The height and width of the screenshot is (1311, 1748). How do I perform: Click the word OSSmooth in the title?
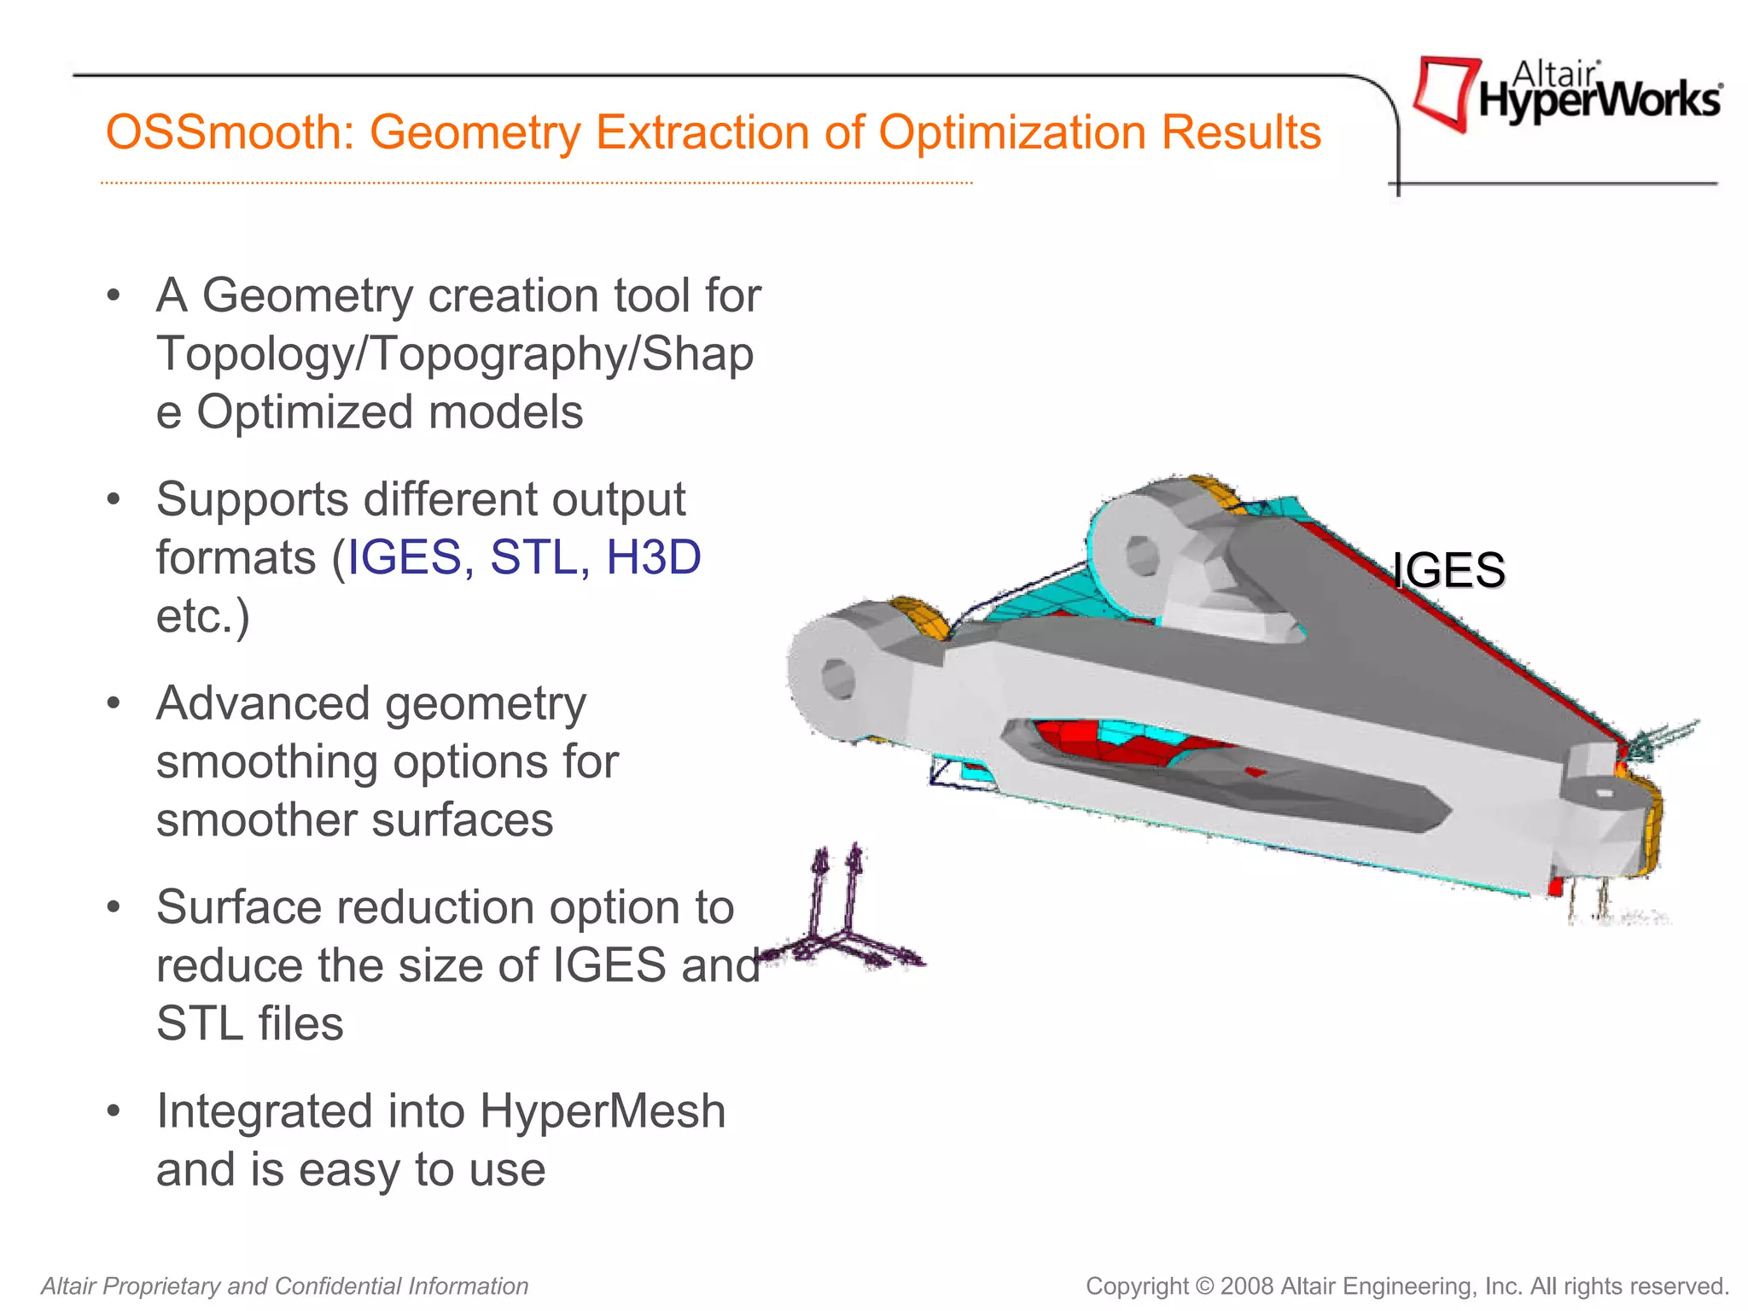(x=228, y=133)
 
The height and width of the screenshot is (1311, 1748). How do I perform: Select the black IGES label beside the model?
(x=1448, y=570)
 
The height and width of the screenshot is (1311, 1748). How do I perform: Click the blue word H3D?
(x=653, y=557)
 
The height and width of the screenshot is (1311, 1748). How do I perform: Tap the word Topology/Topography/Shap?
(x=455, y=353)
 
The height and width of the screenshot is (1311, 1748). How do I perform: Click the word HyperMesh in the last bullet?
(x=602, y=1111)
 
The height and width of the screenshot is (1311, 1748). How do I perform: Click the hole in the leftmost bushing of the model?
(x=838, y=679)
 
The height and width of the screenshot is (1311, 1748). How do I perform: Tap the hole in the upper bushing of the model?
(x=1141, y=557)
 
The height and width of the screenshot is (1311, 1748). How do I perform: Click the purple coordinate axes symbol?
(x=841, y=922)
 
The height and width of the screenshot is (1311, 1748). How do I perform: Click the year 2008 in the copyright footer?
(x=1247, y=1285)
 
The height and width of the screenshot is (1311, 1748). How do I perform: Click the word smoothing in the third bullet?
(x=266, y=762)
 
